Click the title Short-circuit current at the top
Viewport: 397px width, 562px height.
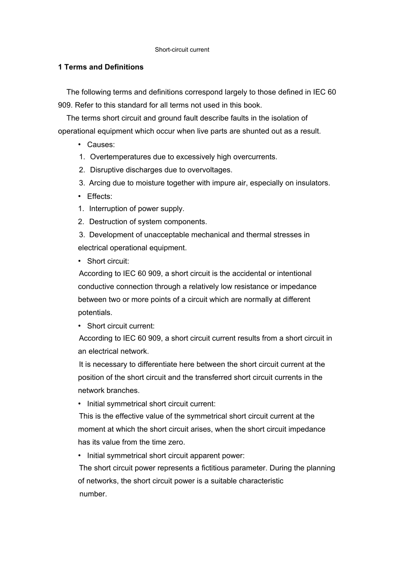pyautogui.click(x=182, y=50)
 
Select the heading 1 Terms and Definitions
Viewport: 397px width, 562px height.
pyautogui.click(x=101, y=67)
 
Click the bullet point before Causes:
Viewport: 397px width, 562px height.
pyautogui.click(x=80, y=144)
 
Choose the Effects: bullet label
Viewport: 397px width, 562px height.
pyautogui.click(x=99, y=196)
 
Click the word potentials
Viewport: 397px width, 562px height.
pyautogui.click(x=95, y=312)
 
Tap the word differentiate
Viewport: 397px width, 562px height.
pyautogui.click(x=153, y=364)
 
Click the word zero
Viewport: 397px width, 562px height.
pyautogui.click(x=176, y=442)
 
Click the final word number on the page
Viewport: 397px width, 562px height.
pyautogui.click(x=93, y=494)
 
